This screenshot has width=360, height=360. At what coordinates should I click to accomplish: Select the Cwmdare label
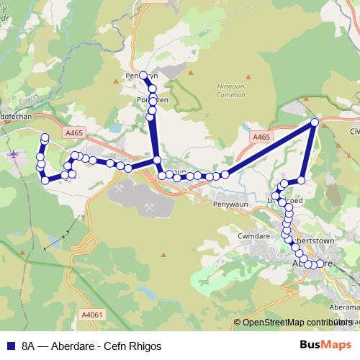pos(253,235)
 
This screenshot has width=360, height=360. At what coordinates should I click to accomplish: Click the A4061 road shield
pos(93,314)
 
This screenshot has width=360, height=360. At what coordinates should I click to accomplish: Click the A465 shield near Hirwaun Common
pos(261,135)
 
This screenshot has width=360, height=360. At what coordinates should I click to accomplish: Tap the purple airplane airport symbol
pos(14,153)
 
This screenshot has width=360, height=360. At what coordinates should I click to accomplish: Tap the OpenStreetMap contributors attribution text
pos(295,323)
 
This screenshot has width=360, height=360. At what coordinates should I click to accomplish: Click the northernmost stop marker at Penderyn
pos(143,75)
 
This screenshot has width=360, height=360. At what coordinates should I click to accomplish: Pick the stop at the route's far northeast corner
pos(315,123)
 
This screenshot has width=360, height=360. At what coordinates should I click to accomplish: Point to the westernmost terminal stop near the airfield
pos(45,137)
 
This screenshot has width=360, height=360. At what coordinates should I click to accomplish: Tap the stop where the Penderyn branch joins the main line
pos(156,160)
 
